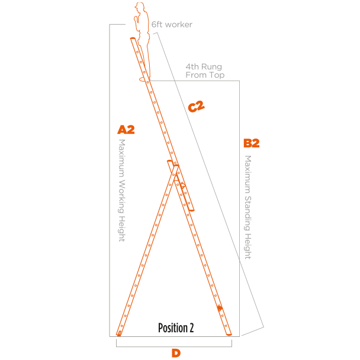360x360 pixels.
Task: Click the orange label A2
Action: [x=126, y=130]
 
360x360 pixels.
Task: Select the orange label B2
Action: [x=251, y=143]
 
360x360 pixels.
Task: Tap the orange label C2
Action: [x=196, y=107]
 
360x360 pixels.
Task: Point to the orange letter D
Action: [x=176, y=353]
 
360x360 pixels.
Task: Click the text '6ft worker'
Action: [x=172, y=24]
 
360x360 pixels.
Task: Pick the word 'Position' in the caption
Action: [x=172, y=327]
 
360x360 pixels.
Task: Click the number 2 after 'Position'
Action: [x=191, y=327]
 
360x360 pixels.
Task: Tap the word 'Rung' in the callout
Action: [x=211, y=67]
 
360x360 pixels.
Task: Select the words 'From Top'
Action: [x=204, y=75]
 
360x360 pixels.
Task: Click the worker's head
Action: [x=140, y=8]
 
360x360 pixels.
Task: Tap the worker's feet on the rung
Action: [x=144, y=78]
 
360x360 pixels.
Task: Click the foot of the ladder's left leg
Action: [x=119, y=333]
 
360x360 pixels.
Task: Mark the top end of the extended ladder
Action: [x=131, y=40]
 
